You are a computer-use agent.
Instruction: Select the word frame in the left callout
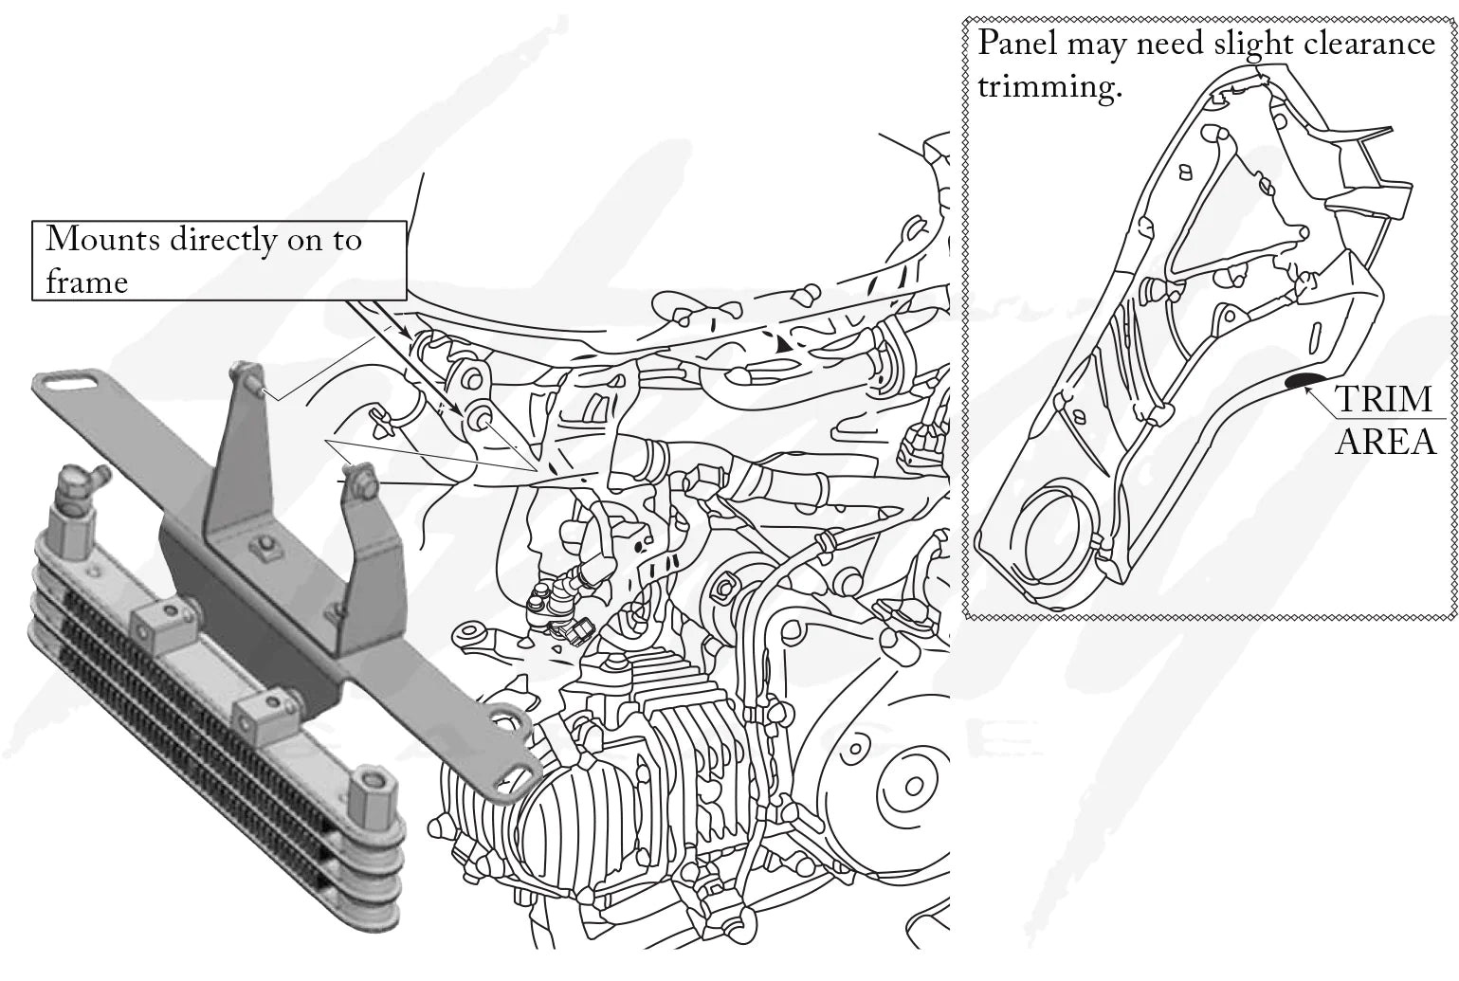(86, 282)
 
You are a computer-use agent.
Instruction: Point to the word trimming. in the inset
(1050, 86)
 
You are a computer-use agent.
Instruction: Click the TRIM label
(1384, 399)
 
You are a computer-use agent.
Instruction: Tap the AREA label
(1384, 441)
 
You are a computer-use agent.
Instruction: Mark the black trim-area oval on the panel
(1305, 382)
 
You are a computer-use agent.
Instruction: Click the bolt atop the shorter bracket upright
(358, 475)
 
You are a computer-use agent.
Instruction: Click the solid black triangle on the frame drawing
(783, 348)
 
